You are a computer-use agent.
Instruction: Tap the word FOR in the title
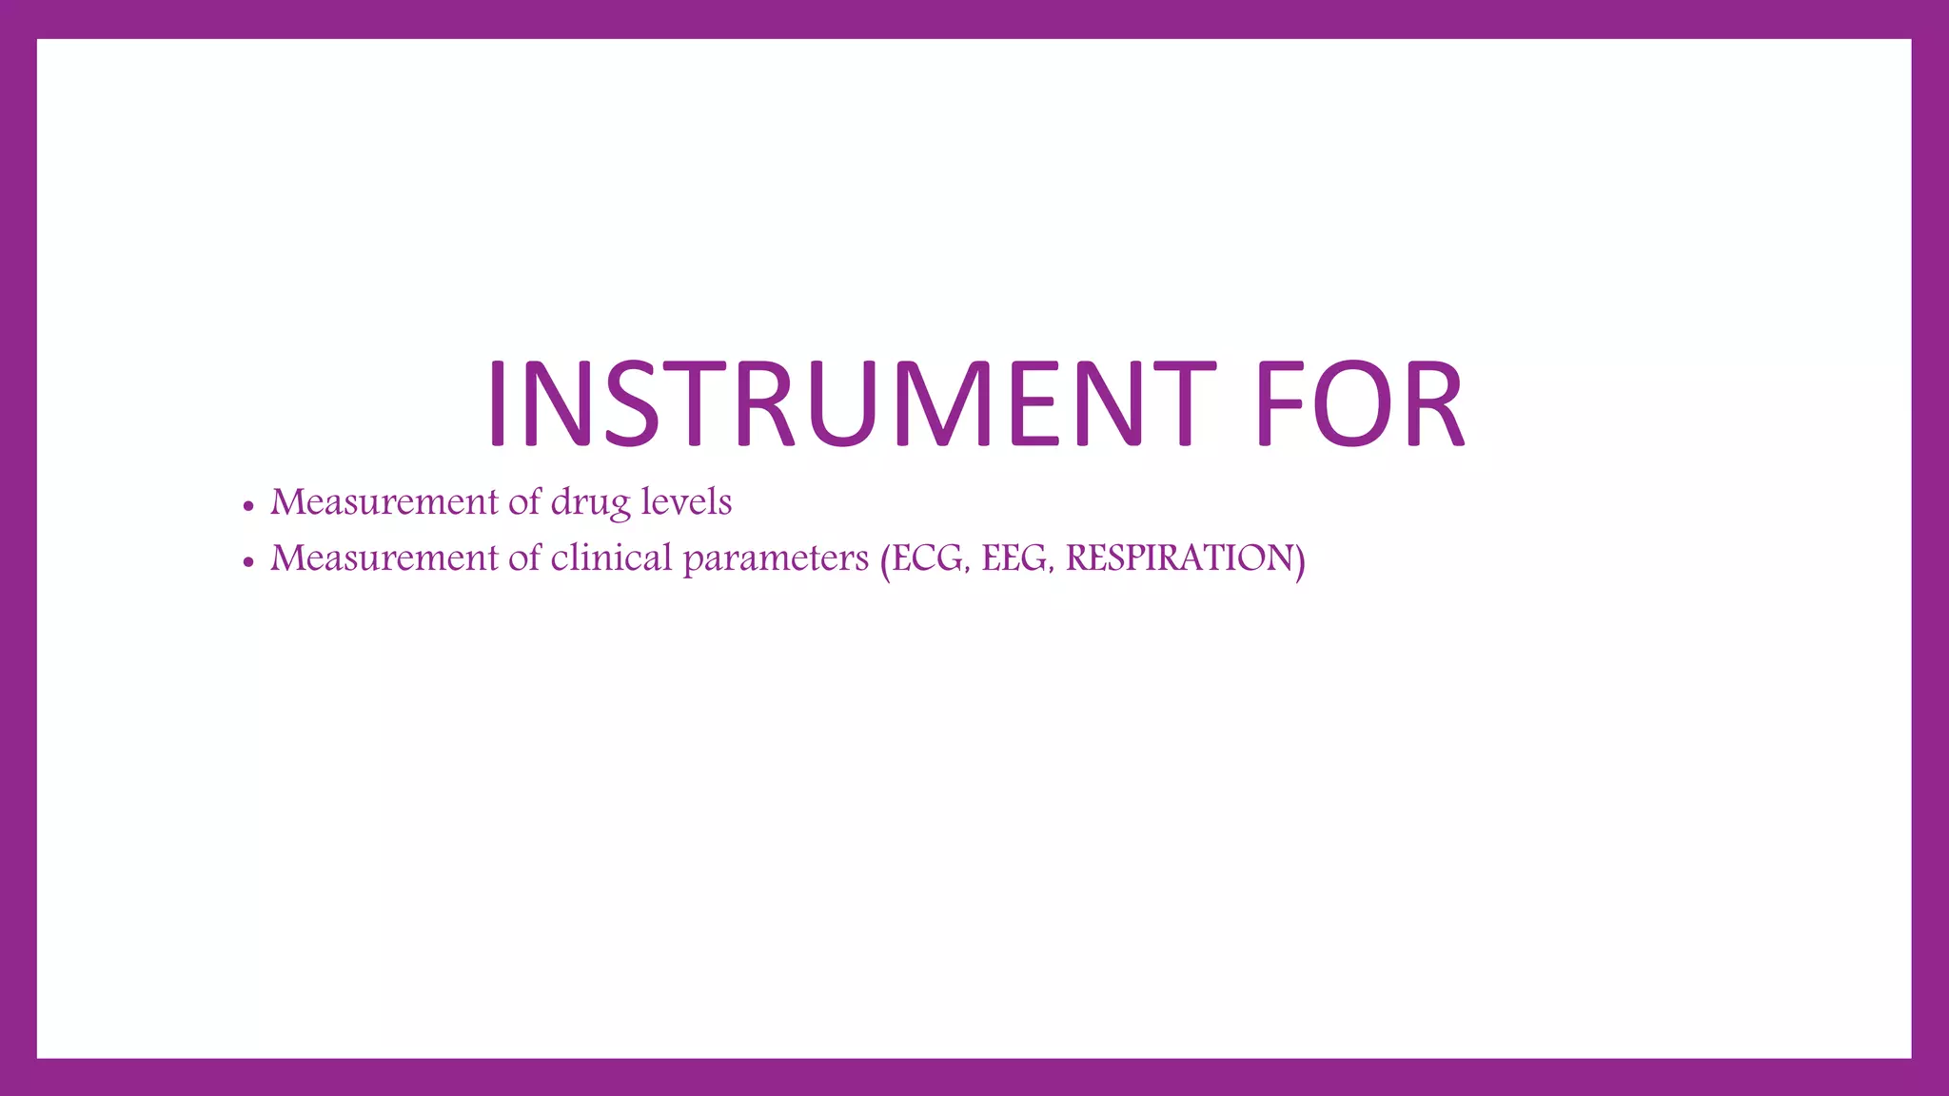pyautogui.click(x=1359, y=403)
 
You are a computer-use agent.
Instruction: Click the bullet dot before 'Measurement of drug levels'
pyautogui.click(x=248, y=506)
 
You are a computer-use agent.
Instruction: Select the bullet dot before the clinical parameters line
pyautogui.click(x=248, y=562)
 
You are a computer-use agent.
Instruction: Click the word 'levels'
pyautogui.click(x=686, y=501)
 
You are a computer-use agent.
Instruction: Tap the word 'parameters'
pyautogui.click(x=776, y=559)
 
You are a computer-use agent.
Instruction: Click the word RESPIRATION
pyautogui.click(x=1179, y=558)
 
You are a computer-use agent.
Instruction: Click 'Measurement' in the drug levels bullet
pyautogui.click(x=384, y=501)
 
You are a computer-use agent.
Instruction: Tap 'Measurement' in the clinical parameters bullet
pyautogui.click(x=384, y=558)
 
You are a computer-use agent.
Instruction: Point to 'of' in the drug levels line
pyautogui.click(x=524, y=501)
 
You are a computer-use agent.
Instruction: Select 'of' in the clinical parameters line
pyautogui.click(x=524, y=558)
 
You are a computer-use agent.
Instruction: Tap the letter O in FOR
pyautogui.click(x=1352, y=403)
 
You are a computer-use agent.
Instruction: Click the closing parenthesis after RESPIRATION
pyautogui.click(x=1300, y=559)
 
